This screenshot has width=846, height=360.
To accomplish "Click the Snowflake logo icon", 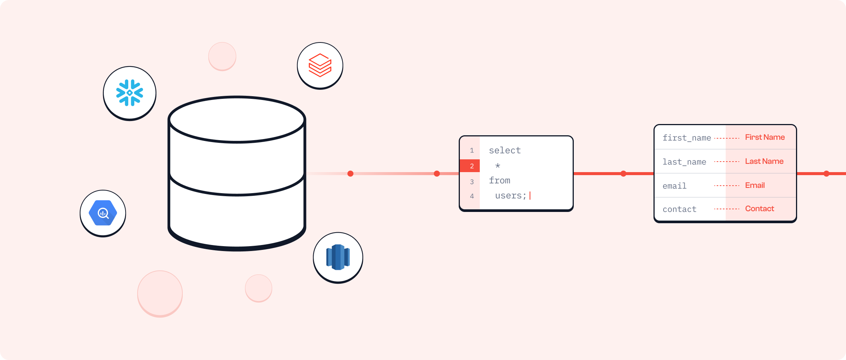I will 130,93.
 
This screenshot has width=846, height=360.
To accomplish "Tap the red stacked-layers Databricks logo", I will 320,65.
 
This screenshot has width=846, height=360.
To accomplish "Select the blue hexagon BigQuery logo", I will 103,213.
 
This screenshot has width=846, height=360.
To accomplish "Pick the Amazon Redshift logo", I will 338,257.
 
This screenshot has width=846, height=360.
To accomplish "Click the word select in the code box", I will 505,150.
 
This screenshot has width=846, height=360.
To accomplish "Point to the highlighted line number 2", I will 472,166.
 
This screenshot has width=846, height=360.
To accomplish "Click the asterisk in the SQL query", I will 497,166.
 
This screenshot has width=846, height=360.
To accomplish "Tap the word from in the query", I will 499,181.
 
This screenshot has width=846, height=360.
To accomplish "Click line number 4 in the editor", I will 472,196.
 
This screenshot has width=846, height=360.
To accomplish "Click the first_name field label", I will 687,138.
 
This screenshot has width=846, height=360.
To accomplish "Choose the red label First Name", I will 765,138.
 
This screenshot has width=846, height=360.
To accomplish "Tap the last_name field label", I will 684,162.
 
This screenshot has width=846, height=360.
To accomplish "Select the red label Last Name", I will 764,162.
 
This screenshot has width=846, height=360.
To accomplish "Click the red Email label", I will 755,185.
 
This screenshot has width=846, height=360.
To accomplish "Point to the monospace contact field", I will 679,209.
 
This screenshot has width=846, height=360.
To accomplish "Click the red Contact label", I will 760,209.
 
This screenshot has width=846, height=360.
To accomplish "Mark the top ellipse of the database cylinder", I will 237,119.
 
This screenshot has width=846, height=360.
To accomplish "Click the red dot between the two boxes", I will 623,174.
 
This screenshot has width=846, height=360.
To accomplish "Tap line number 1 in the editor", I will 472,150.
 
